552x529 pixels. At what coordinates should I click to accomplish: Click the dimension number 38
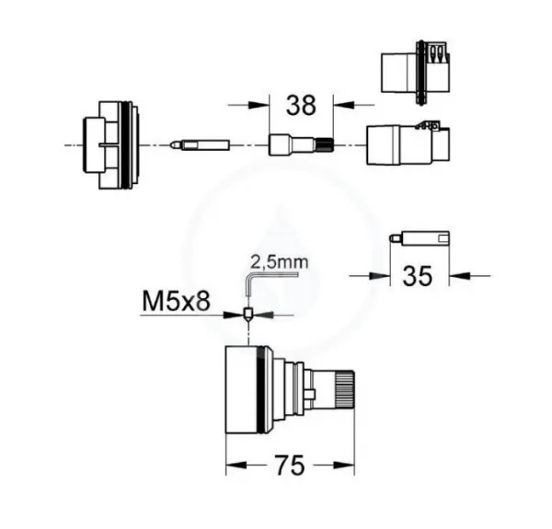click(301, 105)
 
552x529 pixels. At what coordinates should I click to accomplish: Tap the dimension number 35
click(417, 276)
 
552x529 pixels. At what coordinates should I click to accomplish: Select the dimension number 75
click(290, 466)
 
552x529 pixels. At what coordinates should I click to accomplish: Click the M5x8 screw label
click(176, 302)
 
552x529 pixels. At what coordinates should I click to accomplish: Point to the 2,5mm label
click(280, 262)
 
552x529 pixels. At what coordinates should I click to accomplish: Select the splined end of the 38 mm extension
click(325, 145)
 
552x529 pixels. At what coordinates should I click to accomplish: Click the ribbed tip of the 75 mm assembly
click(345, 390)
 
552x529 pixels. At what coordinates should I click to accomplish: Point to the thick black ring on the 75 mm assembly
click(261, 390)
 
